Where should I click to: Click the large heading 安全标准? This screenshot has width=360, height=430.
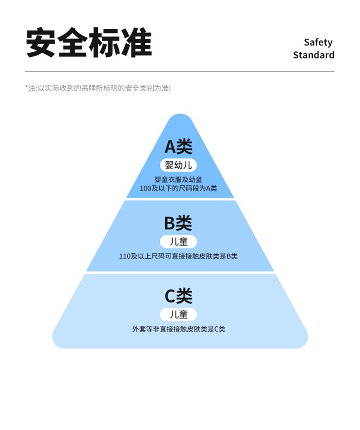point(89,43)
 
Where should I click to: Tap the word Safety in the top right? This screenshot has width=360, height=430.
point(318,42)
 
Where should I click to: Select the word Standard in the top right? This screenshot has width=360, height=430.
point(313,55)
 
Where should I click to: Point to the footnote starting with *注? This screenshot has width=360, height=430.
point(98,88)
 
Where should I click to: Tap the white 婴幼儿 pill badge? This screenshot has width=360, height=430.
point(179,166)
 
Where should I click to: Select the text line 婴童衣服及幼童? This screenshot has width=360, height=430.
point(179,179)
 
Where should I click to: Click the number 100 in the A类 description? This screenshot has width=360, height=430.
point(145,188)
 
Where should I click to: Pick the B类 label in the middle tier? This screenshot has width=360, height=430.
point(178,223)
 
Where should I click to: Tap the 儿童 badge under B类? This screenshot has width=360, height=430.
point(179,241)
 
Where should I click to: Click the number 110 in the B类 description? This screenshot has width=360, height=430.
point(125,256)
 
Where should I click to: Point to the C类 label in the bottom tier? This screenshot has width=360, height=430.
point(179,296)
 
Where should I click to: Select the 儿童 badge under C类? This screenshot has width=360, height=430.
point(179,314)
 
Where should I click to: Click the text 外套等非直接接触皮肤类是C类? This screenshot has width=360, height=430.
point(179,329)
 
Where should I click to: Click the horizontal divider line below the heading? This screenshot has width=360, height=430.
point(180,72)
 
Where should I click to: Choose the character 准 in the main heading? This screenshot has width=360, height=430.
point(136,43)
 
